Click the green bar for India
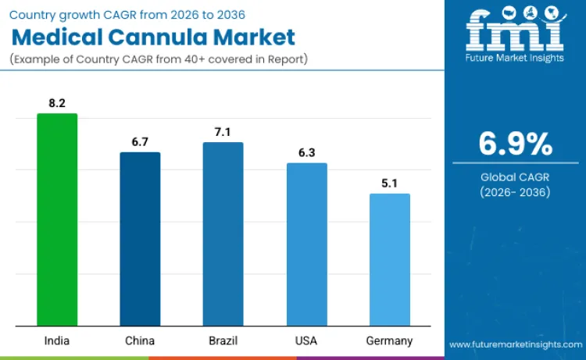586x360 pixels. click(x=57, y=219)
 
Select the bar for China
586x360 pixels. click(x=140, y=239)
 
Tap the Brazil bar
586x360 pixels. click(x=223, y=234)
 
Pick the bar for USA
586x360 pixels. click(x=306, y=244)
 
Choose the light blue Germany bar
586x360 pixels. click(x=389, y=259)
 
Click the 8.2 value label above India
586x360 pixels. click(x=57, y=102)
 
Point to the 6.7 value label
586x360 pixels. click(x=140, y=141)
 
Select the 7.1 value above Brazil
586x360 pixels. click(x=223, y=131)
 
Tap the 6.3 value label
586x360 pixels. click(x=306, y=152)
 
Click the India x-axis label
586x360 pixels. click(x=57, y=340)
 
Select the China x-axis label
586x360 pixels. click(x=140, y=340)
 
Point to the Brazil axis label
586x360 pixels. click(x=223, y=340)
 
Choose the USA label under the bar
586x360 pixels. click(x=306, y=340)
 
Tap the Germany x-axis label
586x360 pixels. click(x=389, y=340)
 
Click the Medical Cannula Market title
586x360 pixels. click(x=153, y=37)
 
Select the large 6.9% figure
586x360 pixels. click(x=515, y=144)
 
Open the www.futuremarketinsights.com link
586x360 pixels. click(x=515, y=344)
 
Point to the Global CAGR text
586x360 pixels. click(x=515, y=177)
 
